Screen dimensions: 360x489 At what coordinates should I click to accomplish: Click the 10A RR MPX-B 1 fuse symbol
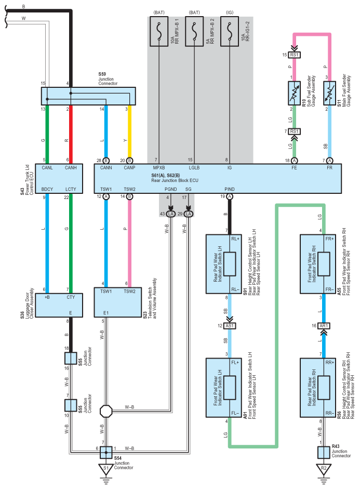pos(159,32)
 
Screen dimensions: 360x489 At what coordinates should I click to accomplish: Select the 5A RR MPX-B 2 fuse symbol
pos(194,32)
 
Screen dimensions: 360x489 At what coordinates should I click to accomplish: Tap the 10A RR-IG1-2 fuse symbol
pos(230,32)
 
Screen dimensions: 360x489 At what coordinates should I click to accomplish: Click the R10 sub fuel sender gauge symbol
pos(294,93)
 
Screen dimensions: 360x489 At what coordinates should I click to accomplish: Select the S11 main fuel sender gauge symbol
pos(329,93)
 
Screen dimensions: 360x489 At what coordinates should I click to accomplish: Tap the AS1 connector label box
pos(230,326)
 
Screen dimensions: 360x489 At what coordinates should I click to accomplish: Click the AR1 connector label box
pos(324,326)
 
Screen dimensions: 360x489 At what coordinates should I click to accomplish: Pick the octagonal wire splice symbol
pos(106,411)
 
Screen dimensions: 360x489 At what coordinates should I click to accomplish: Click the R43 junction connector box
pos(324,452)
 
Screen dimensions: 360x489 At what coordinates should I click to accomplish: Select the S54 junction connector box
pos(106,452)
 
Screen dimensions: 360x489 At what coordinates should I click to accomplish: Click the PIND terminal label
pos(230,189)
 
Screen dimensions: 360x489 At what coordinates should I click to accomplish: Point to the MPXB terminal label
pos(159,168)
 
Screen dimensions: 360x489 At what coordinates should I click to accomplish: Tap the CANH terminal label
pos(71,168)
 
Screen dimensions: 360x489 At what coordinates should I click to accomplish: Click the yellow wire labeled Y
pos(129,131)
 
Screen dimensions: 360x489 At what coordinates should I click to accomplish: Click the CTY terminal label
pos(71,297)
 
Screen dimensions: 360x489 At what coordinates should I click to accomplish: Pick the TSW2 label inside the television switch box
pos(129,292)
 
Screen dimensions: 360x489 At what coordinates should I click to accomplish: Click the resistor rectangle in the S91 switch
pos(230,264)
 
